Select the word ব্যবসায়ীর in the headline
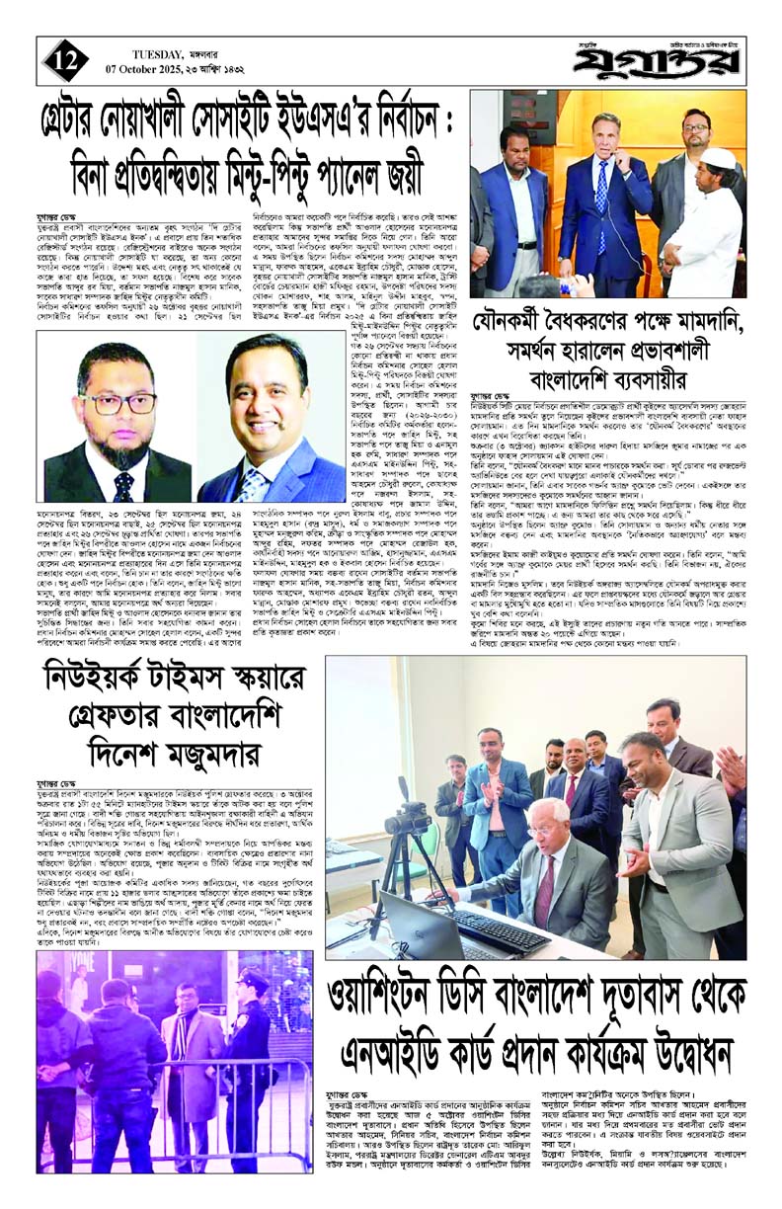click(x=678, y=379)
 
